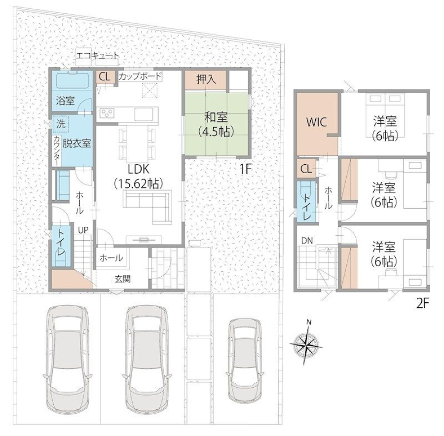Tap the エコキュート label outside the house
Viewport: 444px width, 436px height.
(98, 56)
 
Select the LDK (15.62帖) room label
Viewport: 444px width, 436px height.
(139, 177)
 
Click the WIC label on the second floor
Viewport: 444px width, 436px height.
(317, 122)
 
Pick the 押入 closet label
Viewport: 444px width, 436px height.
(206, 79)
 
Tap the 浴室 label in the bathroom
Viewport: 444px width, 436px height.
(66, 101)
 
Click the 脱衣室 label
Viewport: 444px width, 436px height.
(76, 143)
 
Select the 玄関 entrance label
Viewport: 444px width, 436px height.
(123, 279)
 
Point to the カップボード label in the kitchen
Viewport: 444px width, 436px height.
(140, 76)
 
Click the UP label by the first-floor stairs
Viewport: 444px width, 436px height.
(83, 230)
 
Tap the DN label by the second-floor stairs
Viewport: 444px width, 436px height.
(307, 241)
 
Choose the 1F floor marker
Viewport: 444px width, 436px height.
(246, 169)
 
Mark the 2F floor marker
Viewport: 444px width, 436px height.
(423, 303)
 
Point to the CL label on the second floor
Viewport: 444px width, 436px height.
(306, 169)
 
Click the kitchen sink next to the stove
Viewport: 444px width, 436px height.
(144, 114)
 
